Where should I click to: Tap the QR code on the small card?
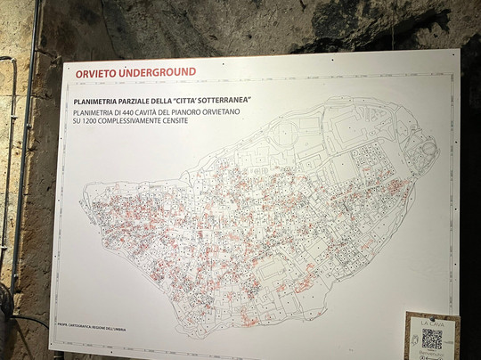point(432,339)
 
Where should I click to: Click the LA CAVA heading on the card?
point(432,322)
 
